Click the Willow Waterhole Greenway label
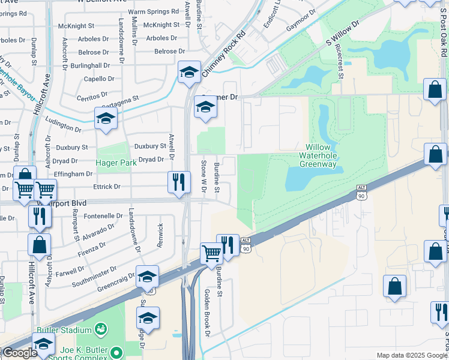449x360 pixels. [323, 155]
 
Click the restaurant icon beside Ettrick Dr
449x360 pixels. [178, 182]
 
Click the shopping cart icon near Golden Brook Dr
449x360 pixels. [211, 253]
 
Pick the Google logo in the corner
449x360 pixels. [19, 353]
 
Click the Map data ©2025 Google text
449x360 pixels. [411, 355]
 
